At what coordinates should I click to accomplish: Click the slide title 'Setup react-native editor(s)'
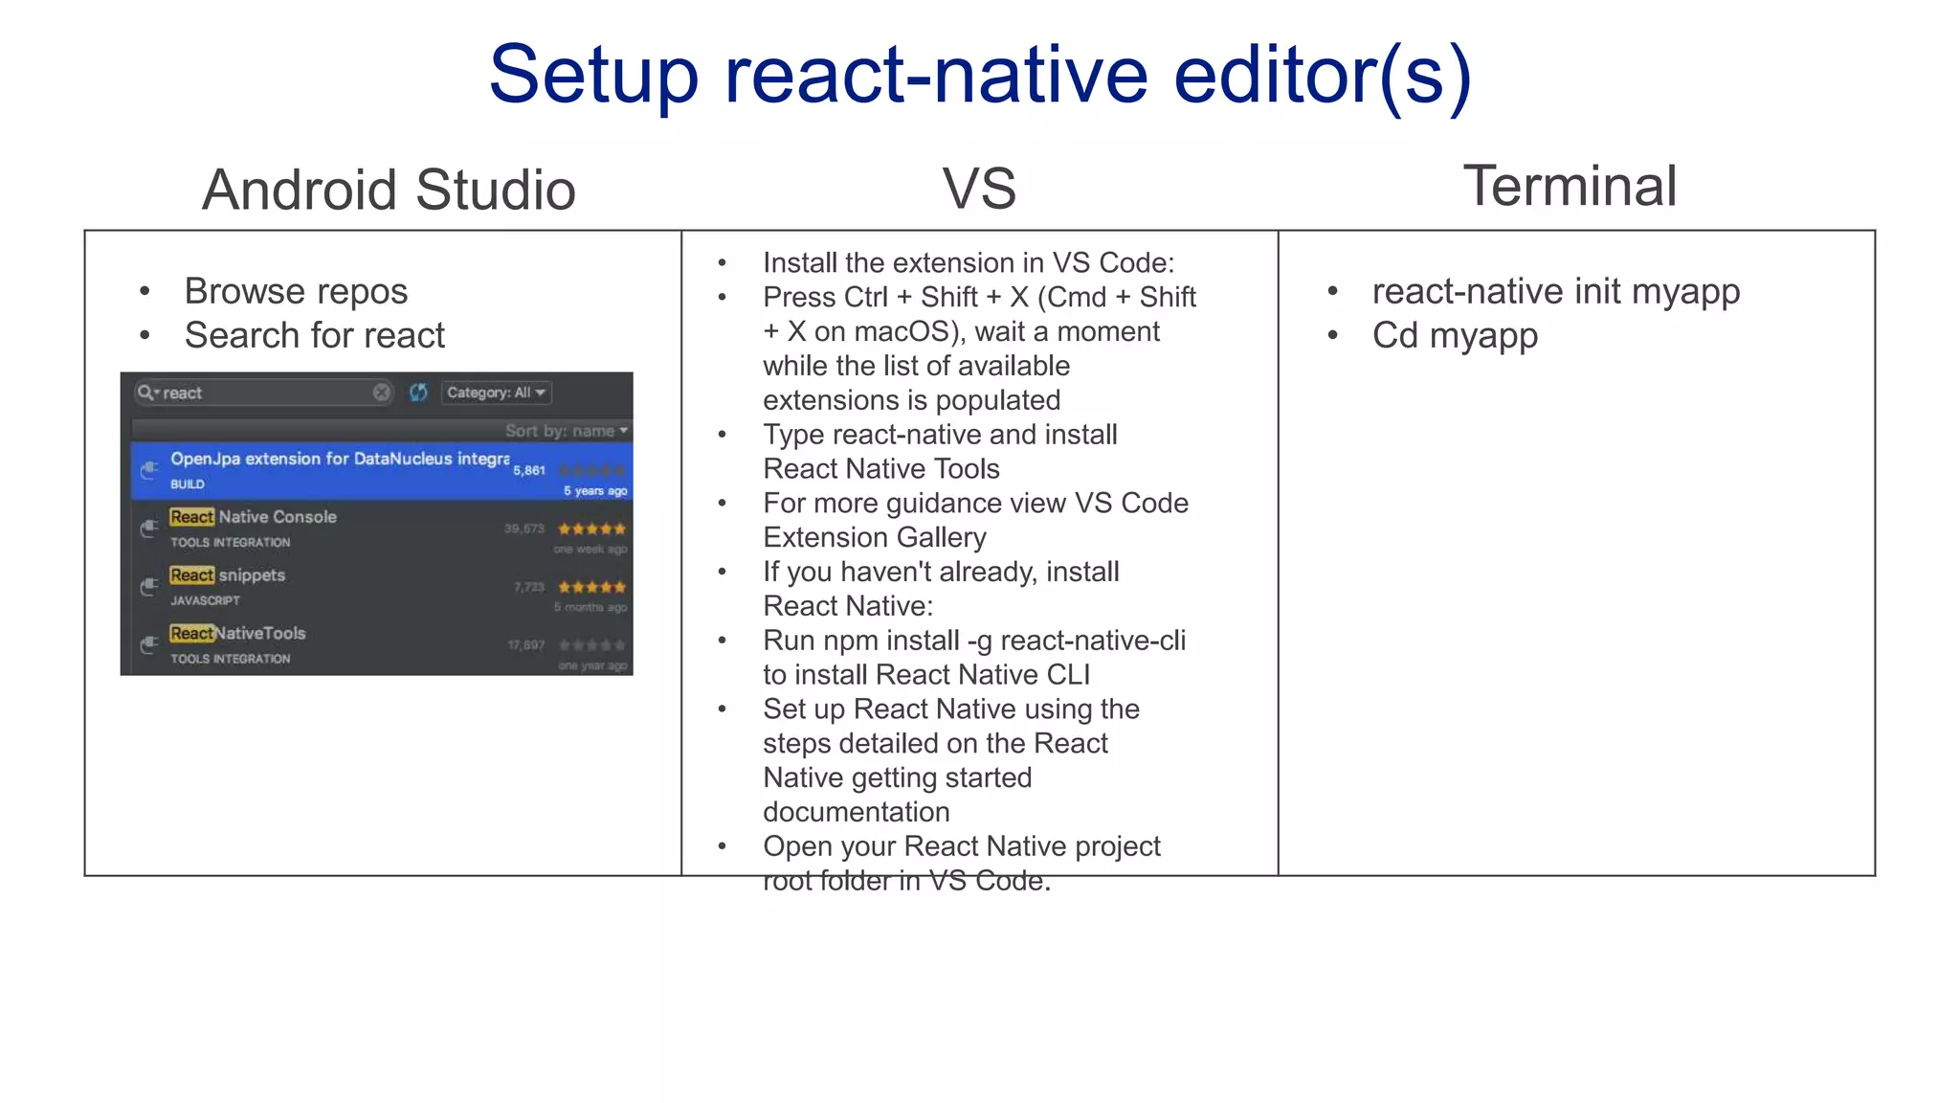(x=979, y=76)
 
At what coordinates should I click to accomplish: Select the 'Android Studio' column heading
(x=389, y=190)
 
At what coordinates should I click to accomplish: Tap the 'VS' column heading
(x=978, y=188)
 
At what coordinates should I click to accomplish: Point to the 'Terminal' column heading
(x=1570, y=186)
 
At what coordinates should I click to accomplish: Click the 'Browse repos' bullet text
(x=296, y=291)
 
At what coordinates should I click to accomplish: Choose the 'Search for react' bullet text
(x=314, y=335)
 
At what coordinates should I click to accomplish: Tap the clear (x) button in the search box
(x=381, y=393)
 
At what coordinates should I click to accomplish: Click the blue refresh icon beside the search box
(x=418, y=393)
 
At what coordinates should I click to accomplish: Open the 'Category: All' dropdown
(x=496, y=393)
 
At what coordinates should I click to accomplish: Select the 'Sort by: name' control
(x=566, y=431)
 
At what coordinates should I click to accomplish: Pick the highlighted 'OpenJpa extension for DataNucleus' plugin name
(x=340, y=459)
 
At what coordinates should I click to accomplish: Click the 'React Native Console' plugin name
(x=254, y=517)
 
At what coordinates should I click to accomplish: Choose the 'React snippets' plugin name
(x=228, y=575)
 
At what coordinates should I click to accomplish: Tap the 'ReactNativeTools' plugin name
(x=237, y=634)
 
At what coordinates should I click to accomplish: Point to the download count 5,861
(x=529, y=470)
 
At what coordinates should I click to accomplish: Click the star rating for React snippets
(x=591, y=587)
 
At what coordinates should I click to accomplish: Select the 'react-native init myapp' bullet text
(x=1555, y=291)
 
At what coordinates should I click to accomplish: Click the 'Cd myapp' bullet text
(x=1455, y=335)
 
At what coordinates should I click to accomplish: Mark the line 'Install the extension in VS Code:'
(x=968, y=262)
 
